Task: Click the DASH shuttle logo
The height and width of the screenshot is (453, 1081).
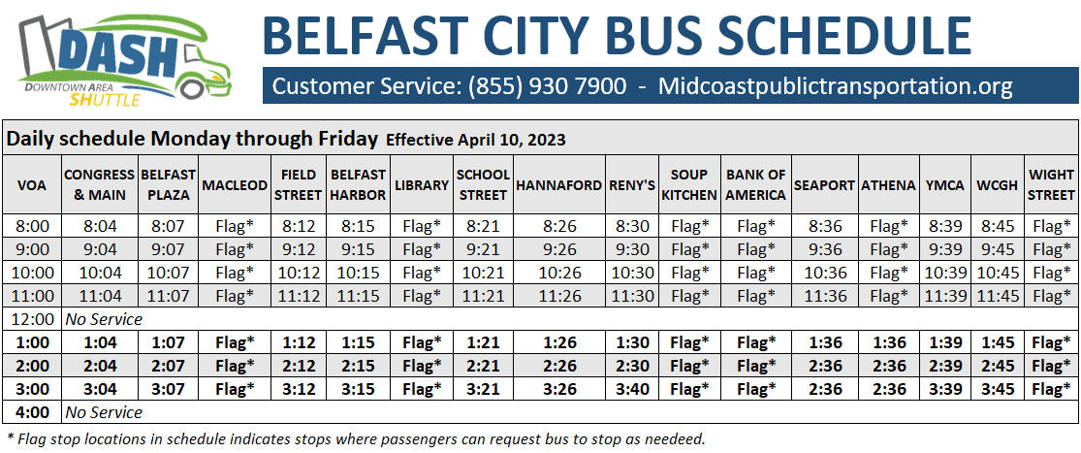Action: [125, 61]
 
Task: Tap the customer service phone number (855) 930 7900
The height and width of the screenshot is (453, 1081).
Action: [548, 86]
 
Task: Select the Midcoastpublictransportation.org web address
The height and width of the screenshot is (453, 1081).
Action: [836, 86]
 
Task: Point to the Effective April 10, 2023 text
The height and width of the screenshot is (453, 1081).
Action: [476, 140]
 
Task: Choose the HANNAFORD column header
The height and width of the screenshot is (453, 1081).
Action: [560, 184]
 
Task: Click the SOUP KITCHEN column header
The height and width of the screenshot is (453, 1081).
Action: [689, 184]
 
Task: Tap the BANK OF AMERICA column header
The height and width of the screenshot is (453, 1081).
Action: [755, 184]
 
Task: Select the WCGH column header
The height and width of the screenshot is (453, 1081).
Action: [997, 184]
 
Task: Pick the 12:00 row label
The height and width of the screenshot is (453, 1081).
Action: [33, 319]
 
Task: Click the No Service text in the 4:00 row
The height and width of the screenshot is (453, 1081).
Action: [104, 412]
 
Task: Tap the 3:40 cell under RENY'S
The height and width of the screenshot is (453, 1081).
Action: [631, 389]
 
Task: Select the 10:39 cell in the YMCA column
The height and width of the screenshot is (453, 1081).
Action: [946, 273]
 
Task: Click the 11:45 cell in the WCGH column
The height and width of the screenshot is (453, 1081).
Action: [997, 296]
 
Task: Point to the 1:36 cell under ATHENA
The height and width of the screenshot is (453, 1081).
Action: [888, 342]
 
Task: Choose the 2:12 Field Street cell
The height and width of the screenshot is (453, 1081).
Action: [299, 366]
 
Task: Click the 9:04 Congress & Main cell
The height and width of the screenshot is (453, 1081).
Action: [99, 249]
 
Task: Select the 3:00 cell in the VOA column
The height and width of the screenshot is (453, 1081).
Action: [33, 389]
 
